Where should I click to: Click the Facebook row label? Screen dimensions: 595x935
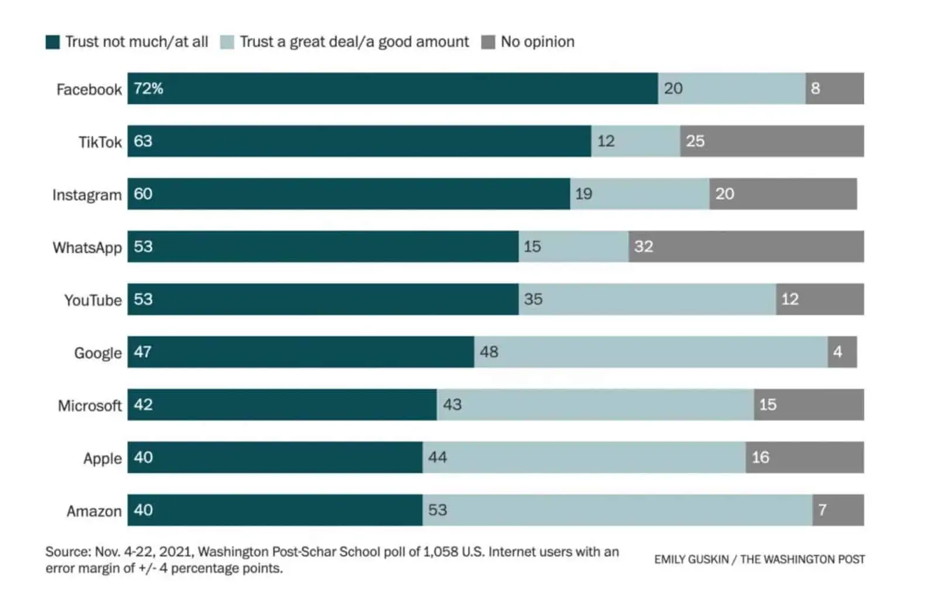[89, 90]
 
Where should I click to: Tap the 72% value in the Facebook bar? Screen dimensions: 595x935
[149, 88]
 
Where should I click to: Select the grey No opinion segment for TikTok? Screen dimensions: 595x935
[771, 141]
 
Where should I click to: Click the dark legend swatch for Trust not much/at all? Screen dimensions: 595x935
[53, 42]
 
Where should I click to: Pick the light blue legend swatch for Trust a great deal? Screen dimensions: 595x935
[227, 42]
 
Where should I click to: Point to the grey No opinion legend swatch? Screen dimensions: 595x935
[488, 42]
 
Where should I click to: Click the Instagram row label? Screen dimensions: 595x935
[87, 195]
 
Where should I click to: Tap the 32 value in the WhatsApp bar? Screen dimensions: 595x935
[644, 247]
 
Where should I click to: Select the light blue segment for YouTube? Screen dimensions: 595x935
[647, 299]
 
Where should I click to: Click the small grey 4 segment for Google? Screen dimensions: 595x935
[842, 352]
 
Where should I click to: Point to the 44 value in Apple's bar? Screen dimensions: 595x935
[438, 457]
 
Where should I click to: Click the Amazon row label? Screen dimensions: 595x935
[94, 511]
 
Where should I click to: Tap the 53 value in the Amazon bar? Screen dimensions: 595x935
[438, 510]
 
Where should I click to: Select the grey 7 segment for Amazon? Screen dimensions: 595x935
[838, 510]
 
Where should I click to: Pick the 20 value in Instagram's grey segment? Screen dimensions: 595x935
[725, 194]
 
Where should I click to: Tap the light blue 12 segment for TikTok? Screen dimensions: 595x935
[635, 141]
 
